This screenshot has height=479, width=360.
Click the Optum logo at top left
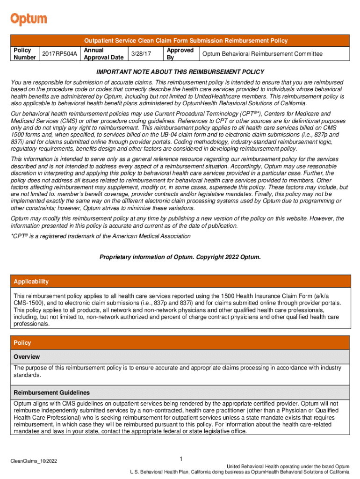pos(29,19)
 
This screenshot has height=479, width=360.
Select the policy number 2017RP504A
pos(59,54)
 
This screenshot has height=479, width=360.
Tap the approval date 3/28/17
pos(141,54)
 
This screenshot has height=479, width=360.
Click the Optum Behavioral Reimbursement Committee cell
pos(262,54)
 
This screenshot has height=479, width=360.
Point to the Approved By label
pos(180,54)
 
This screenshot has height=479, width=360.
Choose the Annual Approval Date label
pos(103,54)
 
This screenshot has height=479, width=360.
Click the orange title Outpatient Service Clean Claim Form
pos(180,41)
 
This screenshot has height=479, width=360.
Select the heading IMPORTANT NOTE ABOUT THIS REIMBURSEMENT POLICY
pos(180,72)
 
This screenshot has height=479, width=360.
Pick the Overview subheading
pos(27,357)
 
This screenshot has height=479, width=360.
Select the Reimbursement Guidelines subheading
pos(51,392)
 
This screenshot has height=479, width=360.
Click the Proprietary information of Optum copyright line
pos(180,257)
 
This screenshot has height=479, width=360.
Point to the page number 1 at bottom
pos(180,458)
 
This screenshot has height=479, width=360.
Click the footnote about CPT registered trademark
pos(101,236)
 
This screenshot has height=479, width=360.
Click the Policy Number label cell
pos(25,54)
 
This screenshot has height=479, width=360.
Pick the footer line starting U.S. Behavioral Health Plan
pos(239,472)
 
